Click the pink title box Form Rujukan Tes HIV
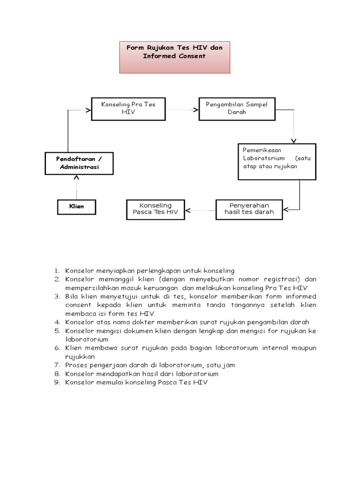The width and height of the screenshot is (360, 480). tap(174, 57)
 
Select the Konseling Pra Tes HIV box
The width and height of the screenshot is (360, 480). tap(127, 109)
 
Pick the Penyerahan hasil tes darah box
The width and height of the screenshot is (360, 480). tap(249, 209)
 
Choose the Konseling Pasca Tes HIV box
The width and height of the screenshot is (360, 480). tap(155, 209)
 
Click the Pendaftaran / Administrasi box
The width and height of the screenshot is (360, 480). tap(79, 163)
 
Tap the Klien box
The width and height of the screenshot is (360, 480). tap(76, 206)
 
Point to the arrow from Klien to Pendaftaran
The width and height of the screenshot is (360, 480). tap(76, 187)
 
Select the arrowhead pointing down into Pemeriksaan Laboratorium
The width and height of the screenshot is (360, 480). tap(294, 140)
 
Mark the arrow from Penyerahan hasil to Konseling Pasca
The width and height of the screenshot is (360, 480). tap(200, 210)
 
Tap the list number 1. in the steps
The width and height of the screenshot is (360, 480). tap(56, 271)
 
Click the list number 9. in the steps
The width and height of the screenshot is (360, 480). tap(56, 382)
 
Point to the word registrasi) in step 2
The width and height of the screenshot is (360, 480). tap(278, 279)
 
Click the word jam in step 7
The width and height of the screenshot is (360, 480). tap(229, 365)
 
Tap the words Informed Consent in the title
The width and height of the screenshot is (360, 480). tap(174, 56)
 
